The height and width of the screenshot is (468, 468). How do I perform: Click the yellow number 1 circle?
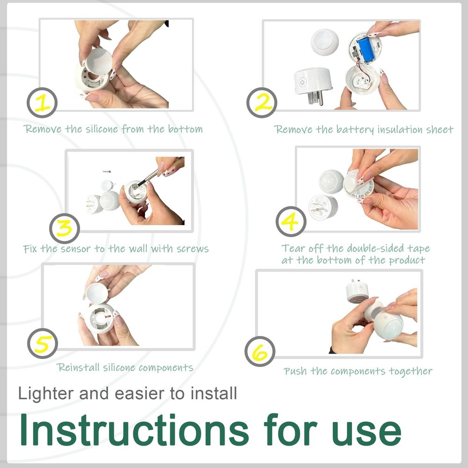coord(42,102)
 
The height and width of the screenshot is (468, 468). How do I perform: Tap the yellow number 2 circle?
coord(262,102)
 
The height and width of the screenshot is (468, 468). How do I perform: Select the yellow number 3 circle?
coord(65,228)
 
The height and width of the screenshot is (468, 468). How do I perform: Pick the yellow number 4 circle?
coord(291,221)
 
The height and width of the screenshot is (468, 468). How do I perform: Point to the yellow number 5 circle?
coord(43,344)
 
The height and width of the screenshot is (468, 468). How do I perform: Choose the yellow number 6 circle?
coord(260,351)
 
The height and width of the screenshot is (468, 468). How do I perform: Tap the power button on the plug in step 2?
coord(302,82)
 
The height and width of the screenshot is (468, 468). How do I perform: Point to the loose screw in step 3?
coord(107,171)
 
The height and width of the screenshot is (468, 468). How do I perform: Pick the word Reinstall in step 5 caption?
coord(78,367)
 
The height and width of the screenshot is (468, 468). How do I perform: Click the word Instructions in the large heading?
coord(134,430)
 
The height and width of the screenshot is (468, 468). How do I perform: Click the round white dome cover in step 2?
coord(325,42)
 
